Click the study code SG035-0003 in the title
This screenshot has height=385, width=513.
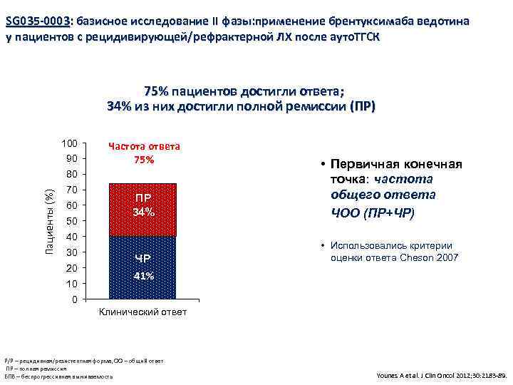point(38,21)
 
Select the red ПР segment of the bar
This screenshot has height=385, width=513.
point(143,210)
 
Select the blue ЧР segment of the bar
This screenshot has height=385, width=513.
point(143,267)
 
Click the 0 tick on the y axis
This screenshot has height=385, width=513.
point(74,299)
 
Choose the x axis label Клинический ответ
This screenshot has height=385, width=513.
point(143,312)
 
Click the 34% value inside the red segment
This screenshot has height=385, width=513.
point(143,212)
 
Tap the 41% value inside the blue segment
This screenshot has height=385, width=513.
point(143,277)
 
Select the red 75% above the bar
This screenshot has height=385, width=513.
point(143,159)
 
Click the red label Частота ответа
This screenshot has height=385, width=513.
point(144,146)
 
